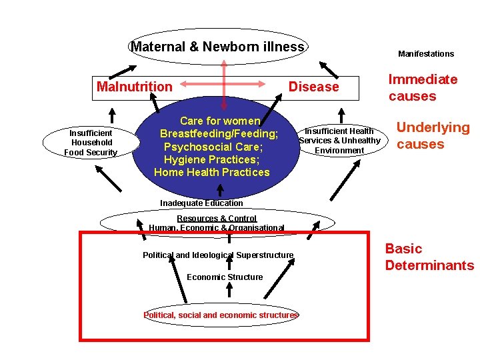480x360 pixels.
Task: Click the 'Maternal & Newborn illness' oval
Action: [x=217, y=47]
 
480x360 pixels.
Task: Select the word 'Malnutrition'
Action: [x=134, y=87]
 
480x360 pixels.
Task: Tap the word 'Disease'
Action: [x=313, y=87]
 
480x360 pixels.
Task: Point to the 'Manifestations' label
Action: [x=426, y=54]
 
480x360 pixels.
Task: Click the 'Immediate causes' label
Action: [x=423, y=87]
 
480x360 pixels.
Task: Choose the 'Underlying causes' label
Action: [x=433, y=135]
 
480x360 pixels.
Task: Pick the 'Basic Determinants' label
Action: [x=429, y=257]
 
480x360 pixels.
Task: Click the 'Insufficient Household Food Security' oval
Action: [x=91, y=143]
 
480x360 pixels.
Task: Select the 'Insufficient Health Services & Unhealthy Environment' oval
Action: [x=339, y=141]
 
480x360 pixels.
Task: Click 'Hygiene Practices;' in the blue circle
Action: [x=211, y=159]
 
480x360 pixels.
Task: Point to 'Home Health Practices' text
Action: [x=211, y=172]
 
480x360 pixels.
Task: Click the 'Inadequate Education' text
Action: [x=201, y=203]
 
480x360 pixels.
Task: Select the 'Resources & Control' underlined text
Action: [x=217, y=218]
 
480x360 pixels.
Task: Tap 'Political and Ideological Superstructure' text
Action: [x=218, y=255]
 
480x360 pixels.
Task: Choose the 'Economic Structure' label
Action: [x=225, y=277]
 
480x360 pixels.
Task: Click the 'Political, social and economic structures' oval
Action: [x=221, y=315]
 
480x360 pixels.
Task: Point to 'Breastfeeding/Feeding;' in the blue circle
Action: [x=219, y=133]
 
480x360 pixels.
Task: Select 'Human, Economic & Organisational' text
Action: [x=217, y=227]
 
